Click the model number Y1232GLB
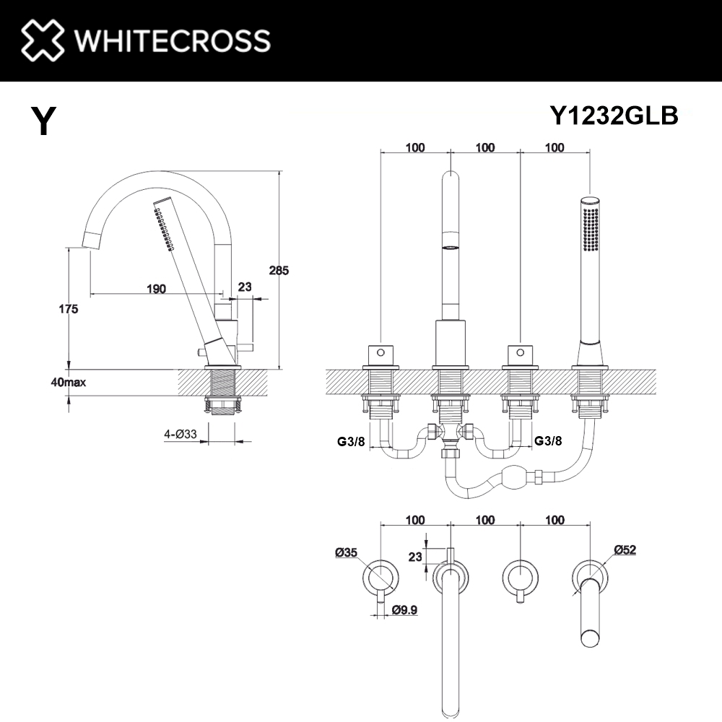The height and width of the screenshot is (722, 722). [x=614, y=116]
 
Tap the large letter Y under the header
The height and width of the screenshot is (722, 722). [x=43, y=121]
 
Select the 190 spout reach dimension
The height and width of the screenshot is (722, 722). [x=156, y=289]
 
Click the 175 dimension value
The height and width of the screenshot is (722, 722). [x=69, y=309]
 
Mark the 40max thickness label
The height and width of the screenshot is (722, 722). [x=69, y=382]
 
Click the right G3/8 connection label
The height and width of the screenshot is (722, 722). [x=547, y=440]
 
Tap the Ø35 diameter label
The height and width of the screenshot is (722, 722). [x=347, y=552]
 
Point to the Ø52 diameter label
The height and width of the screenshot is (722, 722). [x=625, y=550]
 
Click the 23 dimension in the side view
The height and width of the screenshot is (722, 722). [x=245, y=287]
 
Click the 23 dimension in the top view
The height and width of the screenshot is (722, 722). [x=414, y=556]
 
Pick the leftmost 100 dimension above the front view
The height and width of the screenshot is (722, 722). [x=415, y=148]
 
